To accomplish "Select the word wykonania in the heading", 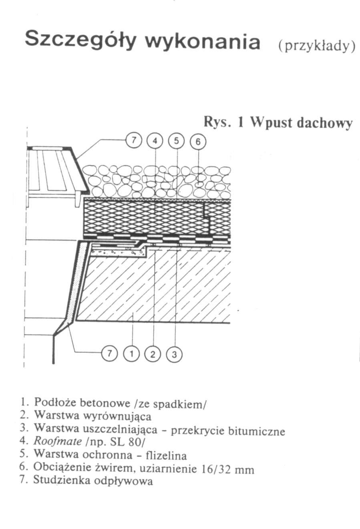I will [x=202, y=41].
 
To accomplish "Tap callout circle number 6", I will [x=198, y=141].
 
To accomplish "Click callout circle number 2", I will [x=153, y=354].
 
